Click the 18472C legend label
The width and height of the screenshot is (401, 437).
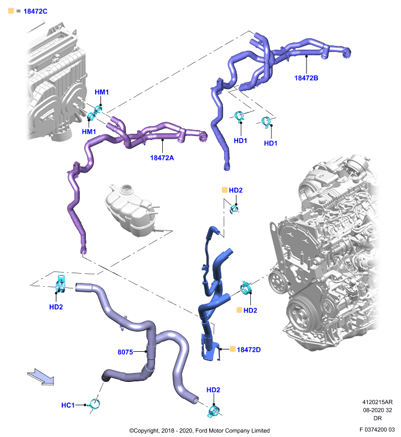[x=36, y=11]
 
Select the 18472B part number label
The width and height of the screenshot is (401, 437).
[x=306, y=78]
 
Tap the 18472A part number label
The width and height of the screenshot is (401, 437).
[x=162, y=158]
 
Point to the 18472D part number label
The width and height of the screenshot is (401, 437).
[x=249, y=350]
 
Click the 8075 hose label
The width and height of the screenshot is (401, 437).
[x=125, y=352]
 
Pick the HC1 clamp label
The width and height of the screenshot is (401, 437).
[x=68, y=405]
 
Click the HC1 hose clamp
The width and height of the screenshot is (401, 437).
[x=93, y=404]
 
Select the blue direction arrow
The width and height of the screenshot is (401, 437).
[x=40, y=377]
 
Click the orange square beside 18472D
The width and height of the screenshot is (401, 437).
[x=233, y=349]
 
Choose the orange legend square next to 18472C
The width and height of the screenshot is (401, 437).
[x=11, y=11]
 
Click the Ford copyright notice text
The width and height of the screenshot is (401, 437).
[x=199, y=430]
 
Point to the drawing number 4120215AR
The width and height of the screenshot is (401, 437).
[x=378, y=402]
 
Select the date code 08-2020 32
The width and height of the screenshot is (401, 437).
[x=378, y=410]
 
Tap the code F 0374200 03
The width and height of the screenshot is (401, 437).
[x=377, y=429]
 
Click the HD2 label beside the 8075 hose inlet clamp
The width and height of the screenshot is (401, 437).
[x=56, y=307]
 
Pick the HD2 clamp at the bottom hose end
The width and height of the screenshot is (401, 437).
[x=214, y=411]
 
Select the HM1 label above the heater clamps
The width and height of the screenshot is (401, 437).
[x=102, y=92]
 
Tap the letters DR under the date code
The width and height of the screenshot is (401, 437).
[x=378, y=418]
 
